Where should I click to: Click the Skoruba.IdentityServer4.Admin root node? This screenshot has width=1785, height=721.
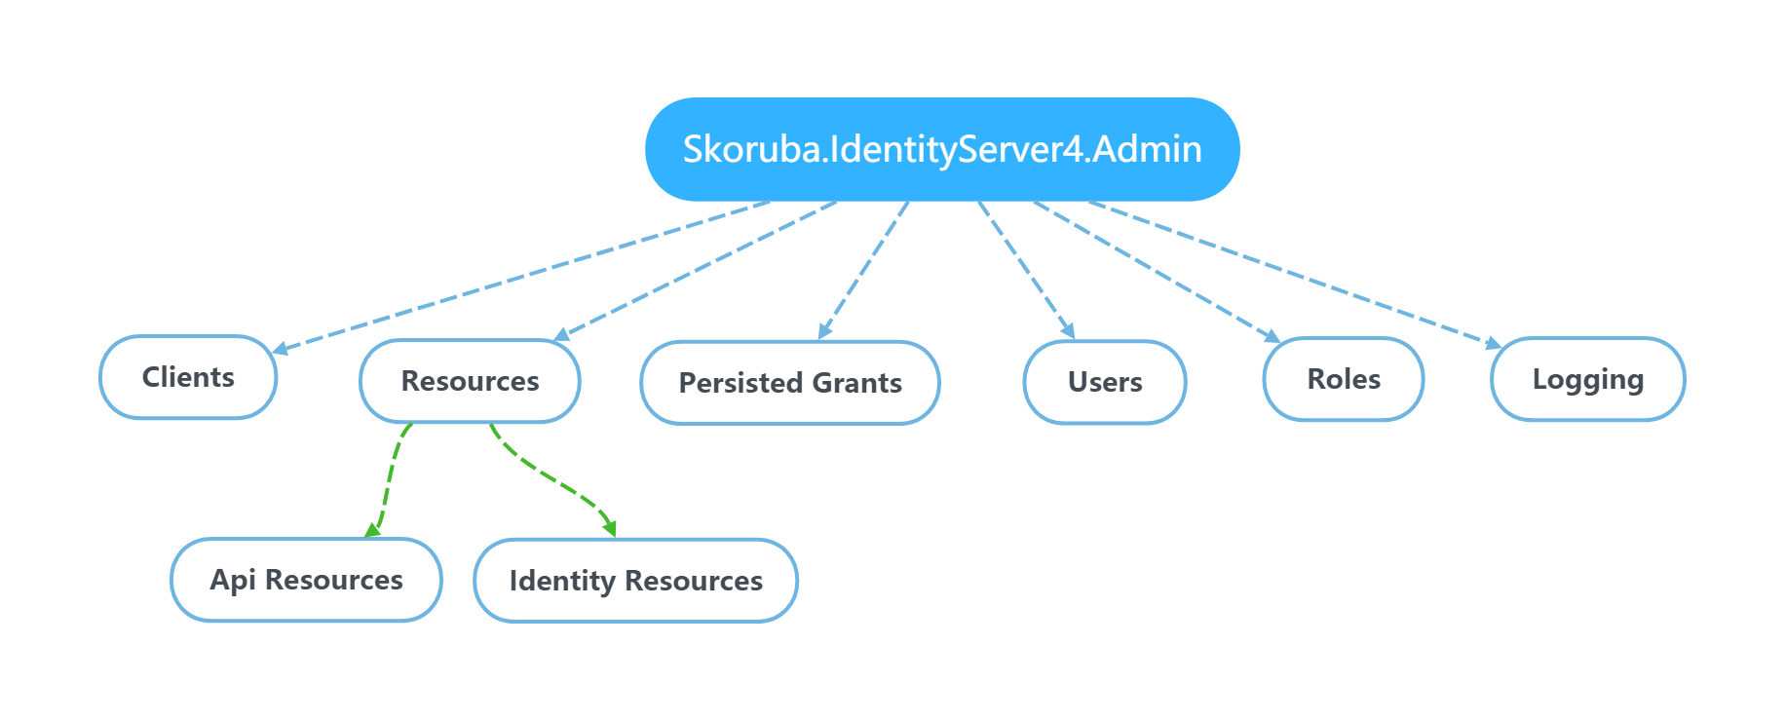[x=942, y=149]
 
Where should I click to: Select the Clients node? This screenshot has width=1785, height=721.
[x=188, y=377]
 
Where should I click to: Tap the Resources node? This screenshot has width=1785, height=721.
[x=470, y=381]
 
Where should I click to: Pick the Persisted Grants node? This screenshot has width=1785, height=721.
[x=790, y=383]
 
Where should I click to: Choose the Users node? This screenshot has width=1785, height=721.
[x=1105, y=382]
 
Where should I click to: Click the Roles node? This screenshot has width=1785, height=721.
[x=1344, y=379]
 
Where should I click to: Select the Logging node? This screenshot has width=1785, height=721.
[x=1587, y=379]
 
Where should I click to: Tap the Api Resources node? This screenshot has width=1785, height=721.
[x=306, y=580]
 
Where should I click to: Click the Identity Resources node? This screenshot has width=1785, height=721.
[x=635, y=581]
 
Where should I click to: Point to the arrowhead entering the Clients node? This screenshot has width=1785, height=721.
[x=280, y=348]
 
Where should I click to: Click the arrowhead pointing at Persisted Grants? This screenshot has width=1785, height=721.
[x=824, y=332]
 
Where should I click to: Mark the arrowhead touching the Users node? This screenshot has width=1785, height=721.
[x=1069, y=332]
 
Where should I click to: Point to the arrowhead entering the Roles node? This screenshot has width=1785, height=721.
[x=1272, y=336]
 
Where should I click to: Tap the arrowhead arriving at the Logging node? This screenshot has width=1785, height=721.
[x=1494, y=343]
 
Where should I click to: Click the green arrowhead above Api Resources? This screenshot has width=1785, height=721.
[x=371, y=530]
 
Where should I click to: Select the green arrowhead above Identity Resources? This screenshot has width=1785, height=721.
[x=610, y=529]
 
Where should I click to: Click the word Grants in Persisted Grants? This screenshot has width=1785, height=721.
[x=856, y=383]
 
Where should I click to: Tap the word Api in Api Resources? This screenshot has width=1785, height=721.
[x=233, y=580]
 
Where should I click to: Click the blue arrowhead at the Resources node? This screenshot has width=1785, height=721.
[x=561, y=335]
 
